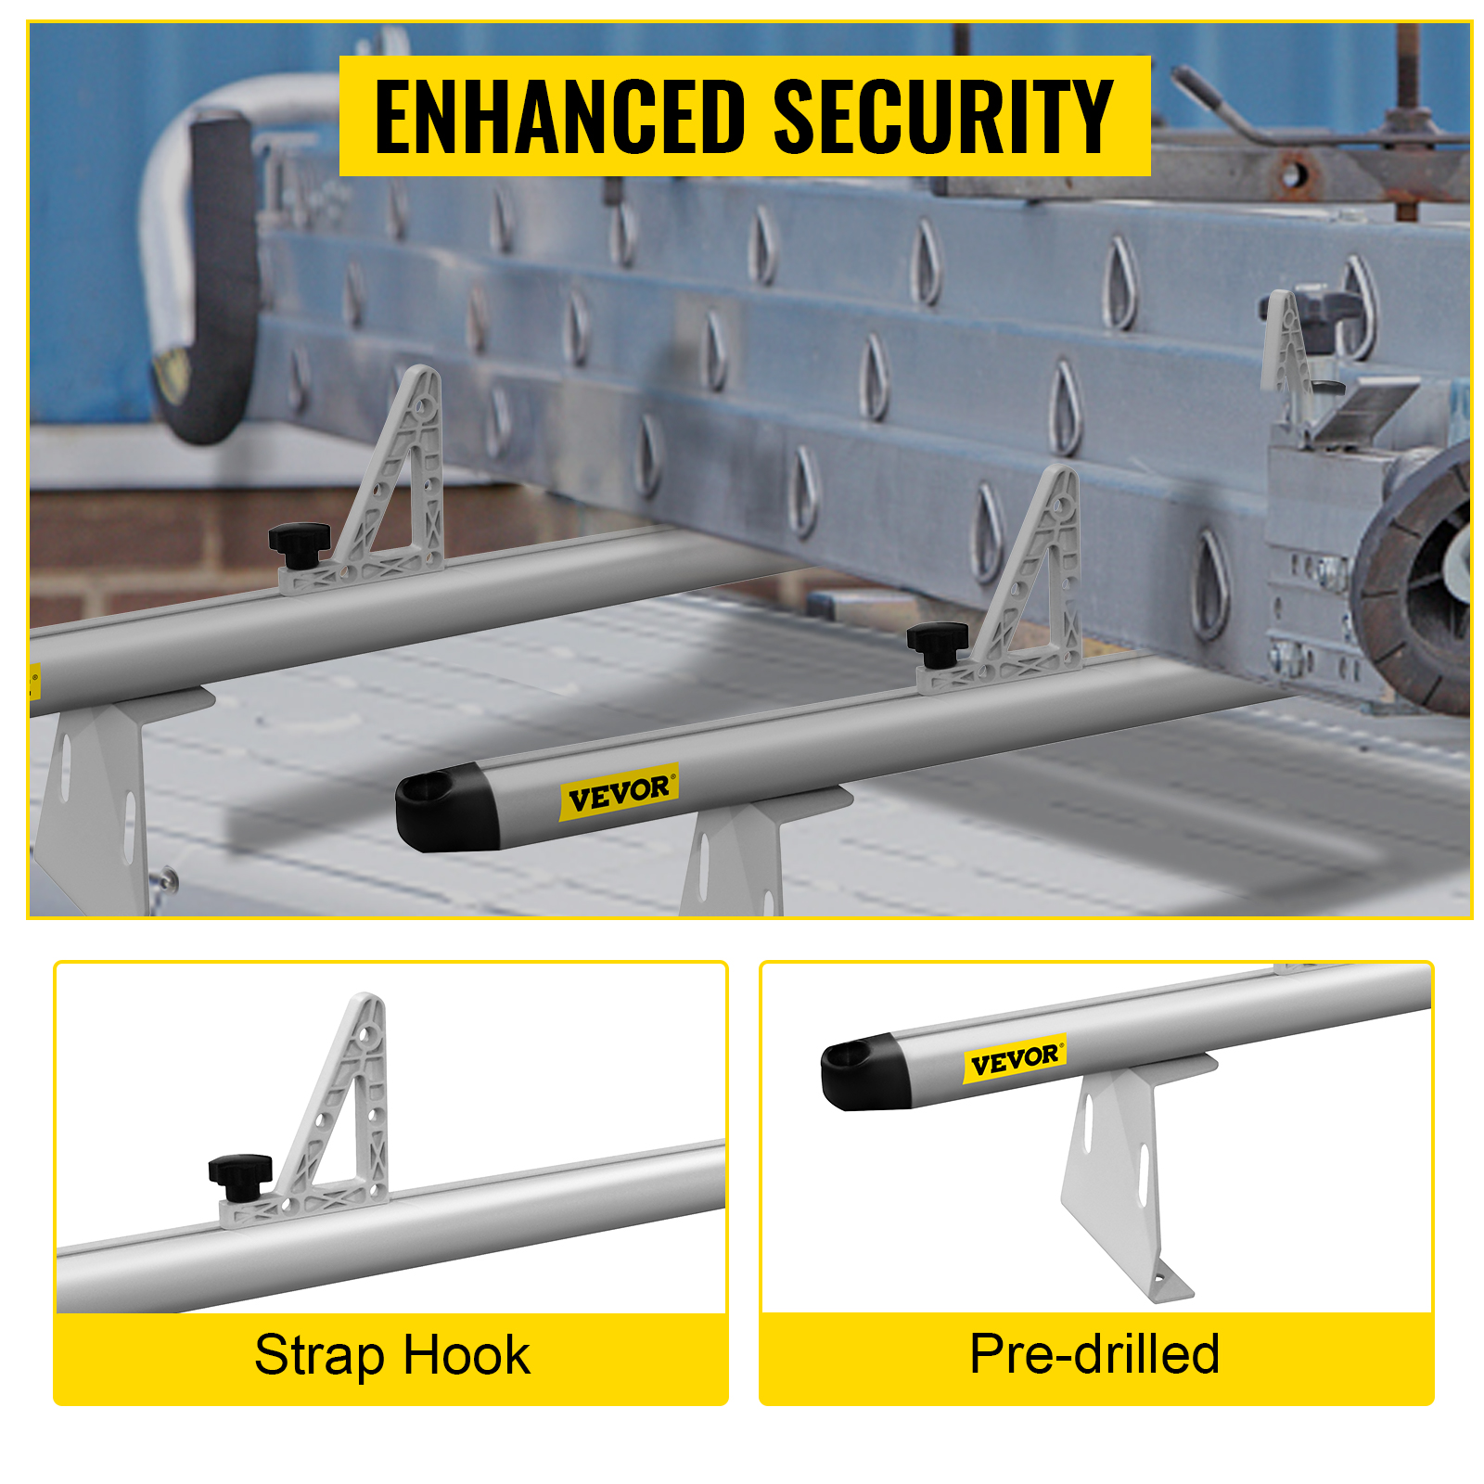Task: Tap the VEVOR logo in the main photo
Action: coord(619,793)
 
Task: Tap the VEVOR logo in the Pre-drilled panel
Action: coord(1015,1059)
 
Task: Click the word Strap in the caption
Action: coord(318,1356)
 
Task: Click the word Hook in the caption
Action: coord(467,1355)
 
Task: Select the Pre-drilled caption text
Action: coord(1094,1353)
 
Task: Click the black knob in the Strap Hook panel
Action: coord(240,1173)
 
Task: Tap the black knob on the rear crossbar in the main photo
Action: coord(300,543)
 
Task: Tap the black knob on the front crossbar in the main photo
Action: coord(938,643)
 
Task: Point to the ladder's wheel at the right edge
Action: coord(1414,584)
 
